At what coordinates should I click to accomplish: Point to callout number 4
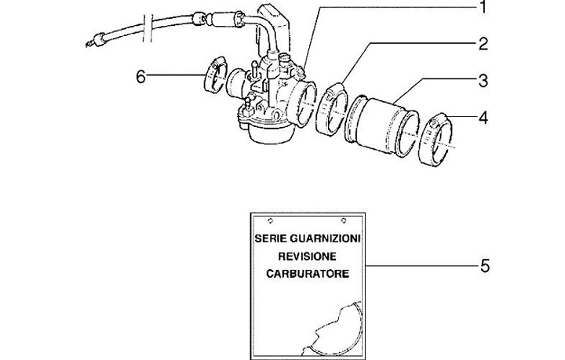pos(483,118)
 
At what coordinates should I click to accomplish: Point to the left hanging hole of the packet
pos(270,219)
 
